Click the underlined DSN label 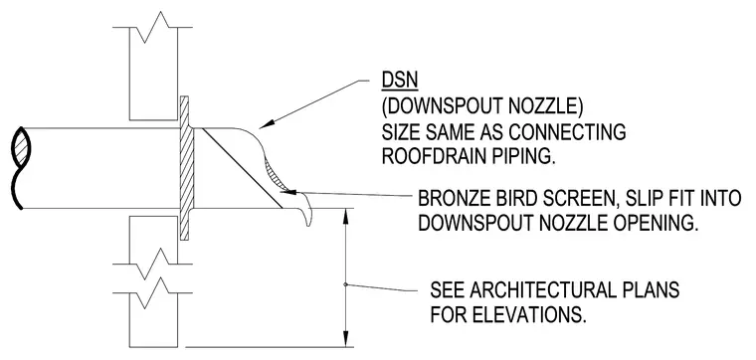coord(400,81)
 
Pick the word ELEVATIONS coord(529,315)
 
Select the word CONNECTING coord(567,131)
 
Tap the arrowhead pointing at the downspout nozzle coord(267,124)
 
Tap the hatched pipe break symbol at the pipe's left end coord(20,148)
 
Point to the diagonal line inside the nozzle coord(241,168)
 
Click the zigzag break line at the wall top coord(153,28)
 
